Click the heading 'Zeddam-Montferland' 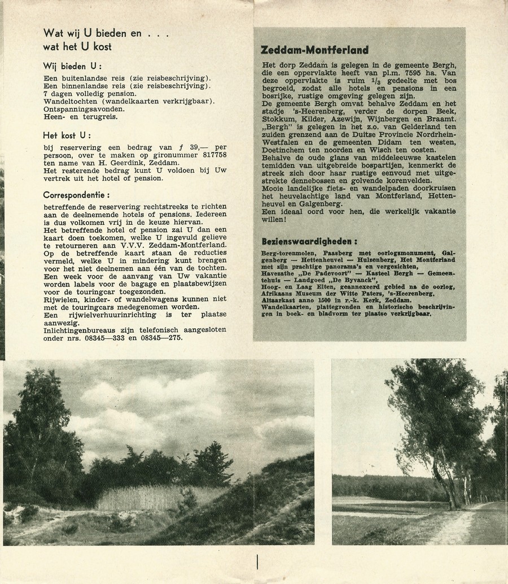[314, 50]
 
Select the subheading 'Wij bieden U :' [72, 66]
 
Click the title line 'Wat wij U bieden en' [93, 33]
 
